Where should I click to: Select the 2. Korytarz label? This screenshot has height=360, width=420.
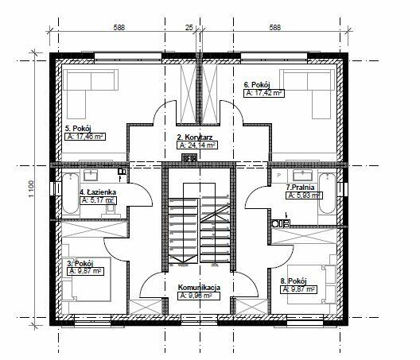[194, 136]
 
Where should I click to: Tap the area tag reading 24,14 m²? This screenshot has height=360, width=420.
[197, 145]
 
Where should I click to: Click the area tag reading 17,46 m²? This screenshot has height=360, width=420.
[86, 136]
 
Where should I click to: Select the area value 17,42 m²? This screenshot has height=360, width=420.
[264, 93]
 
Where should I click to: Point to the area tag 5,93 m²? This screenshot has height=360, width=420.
[304, 195]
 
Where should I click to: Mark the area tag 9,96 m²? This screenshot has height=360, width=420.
[198, 295]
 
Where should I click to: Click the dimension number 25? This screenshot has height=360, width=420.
[189, 28]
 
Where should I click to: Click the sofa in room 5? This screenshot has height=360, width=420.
[83, 91]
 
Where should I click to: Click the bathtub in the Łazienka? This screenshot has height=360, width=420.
[70, 192]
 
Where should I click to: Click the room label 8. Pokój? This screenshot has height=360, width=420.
[294, 281]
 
